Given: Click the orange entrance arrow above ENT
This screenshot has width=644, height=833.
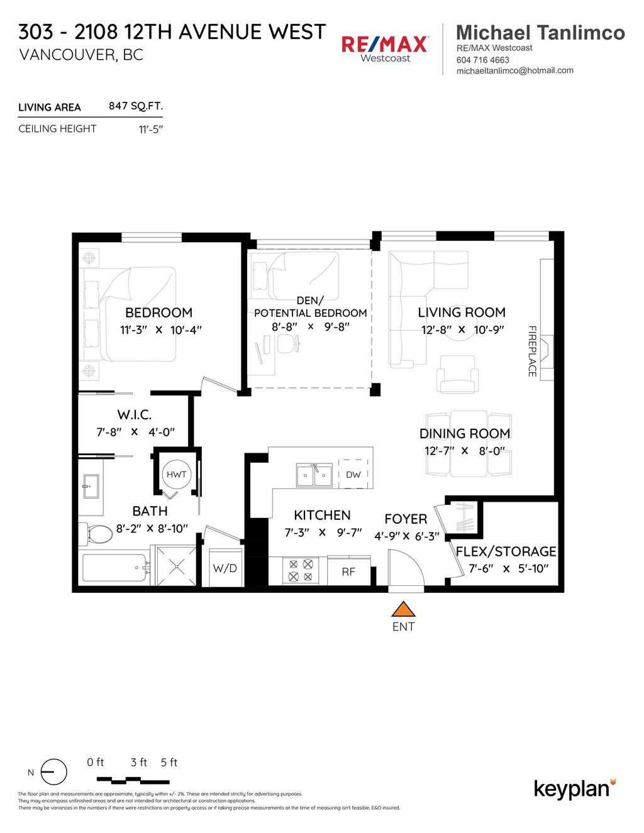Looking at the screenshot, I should click(403, 609).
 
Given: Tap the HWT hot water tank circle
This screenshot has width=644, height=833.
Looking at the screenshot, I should click(177, 475).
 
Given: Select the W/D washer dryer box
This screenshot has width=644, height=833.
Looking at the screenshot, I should click(225, 568).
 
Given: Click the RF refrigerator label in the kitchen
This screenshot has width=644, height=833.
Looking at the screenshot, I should click(348, 571).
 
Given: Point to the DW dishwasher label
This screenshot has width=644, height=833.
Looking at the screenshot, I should click(353, 475).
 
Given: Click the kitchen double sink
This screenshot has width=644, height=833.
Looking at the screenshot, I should click(314, 475).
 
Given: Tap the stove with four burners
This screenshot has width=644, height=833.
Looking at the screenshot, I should click(301, 571).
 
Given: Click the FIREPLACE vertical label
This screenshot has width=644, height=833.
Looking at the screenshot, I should click(531, 351).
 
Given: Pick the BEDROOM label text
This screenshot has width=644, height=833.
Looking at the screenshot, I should click(158, 312).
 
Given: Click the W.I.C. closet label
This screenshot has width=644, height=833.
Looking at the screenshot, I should click(134, 415).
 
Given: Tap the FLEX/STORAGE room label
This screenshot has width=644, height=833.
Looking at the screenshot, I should click(506, 551).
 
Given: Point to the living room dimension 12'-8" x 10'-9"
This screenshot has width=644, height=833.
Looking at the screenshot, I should click(462, 329).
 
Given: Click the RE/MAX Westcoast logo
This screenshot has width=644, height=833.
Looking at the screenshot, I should click(385, 48).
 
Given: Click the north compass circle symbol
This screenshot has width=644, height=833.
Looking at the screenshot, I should click(54, 772).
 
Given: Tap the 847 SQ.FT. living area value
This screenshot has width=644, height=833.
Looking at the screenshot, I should click(135, 106).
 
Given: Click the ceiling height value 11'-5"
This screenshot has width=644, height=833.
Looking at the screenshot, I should click(150, 129).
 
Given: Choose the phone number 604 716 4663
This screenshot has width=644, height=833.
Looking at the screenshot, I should click(483, 60).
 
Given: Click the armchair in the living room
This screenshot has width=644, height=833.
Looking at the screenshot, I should click(458, 375).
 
